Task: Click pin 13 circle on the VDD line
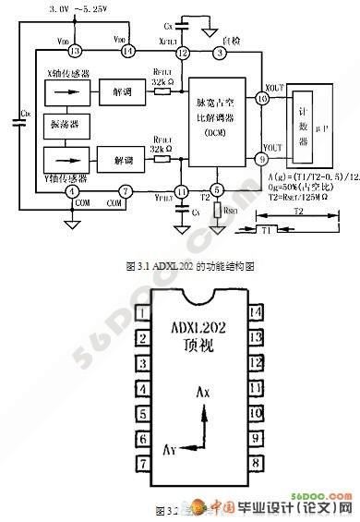click(x=76, y=51)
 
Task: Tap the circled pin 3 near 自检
click(x=219, y=52)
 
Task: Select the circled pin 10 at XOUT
click(x=263, y=97)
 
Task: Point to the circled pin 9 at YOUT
click(x=263, y=159)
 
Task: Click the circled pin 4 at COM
click(x=71, y=191)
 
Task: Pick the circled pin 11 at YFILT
click(x=182, y=191)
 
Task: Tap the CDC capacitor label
click(x=23, y=115)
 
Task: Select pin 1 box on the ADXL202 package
click(x=143, y=311)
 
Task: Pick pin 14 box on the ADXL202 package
click(x=255, y=311)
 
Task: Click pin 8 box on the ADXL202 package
click(x=255, y=460)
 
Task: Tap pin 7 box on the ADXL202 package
click(x=143, y=460)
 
